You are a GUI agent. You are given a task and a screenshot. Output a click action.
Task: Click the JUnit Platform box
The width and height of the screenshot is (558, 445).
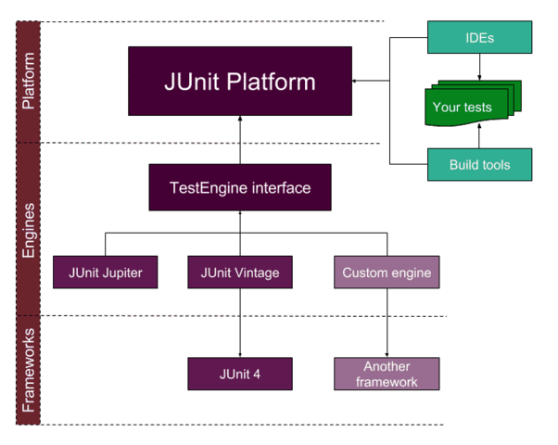240,82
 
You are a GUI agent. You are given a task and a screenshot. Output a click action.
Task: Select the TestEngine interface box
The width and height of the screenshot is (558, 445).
240,187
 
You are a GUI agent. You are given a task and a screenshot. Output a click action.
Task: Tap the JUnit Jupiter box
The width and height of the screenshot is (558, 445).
105,273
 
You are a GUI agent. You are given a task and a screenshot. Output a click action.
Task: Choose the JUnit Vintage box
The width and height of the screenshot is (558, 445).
240,273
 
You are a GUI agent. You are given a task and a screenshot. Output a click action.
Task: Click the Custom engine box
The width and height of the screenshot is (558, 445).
386,273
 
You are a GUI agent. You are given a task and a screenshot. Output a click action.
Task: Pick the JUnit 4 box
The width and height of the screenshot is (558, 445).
240,374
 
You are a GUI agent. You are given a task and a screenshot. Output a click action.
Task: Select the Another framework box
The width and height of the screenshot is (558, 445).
386,374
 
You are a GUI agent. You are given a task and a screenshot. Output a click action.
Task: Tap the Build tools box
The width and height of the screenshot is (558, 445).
479,165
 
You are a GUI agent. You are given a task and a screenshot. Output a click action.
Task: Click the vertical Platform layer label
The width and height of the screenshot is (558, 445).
29,81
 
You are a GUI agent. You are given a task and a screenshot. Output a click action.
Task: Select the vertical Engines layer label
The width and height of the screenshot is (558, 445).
29,228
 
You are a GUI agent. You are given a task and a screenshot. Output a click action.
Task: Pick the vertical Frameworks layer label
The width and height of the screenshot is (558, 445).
29,369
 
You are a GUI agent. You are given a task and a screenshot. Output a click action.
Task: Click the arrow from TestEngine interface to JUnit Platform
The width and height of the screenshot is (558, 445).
240,140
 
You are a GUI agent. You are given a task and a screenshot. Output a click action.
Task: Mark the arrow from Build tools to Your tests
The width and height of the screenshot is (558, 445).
479,136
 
